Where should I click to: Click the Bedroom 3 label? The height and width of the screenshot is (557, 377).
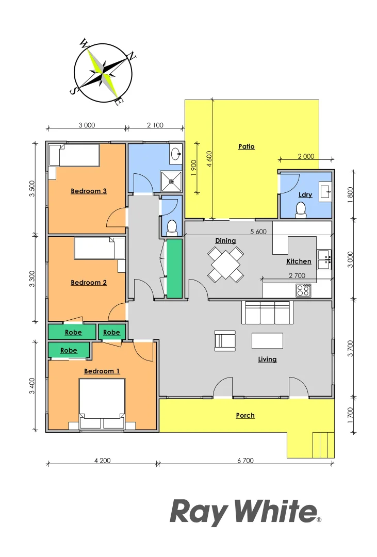pos(89,191)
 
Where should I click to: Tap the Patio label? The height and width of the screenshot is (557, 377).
pos(247,146)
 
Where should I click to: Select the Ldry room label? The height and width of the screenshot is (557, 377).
pos(305,194)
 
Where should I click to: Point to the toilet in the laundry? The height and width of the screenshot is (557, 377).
pos(300,208)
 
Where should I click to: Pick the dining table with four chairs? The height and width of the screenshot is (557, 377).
pos(225,264)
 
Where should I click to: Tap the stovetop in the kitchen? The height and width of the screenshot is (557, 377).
pos(303,290)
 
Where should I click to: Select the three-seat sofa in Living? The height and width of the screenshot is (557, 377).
pos(266,313)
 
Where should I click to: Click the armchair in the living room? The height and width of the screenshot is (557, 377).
pos(225,340)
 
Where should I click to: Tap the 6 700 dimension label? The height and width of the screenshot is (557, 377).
pos(245,461)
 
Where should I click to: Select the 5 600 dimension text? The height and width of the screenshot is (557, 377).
pos(258,232)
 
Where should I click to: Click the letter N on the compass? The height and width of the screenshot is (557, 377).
pos(132,57)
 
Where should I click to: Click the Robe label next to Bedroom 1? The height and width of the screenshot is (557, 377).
pos(69,351)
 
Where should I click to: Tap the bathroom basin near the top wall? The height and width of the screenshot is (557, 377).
pos(176,153)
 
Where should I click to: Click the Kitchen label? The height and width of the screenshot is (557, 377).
pos(299,261)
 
